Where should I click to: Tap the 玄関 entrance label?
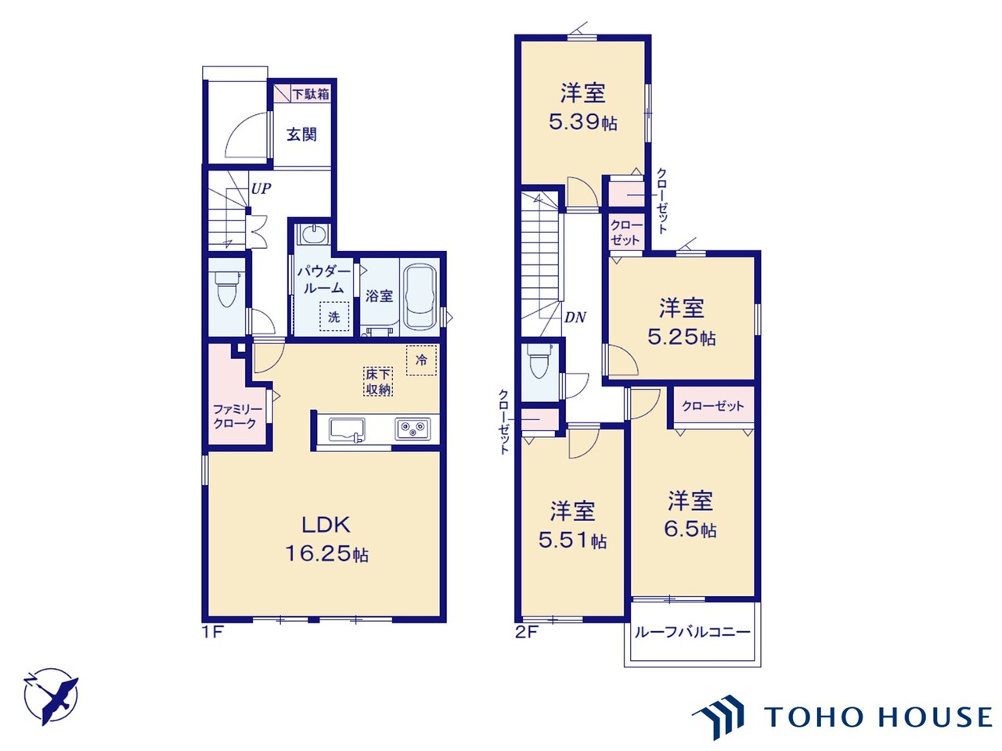click(x=301, y=135)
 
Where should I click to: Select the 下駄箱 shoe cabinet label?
click(x=311, y=94)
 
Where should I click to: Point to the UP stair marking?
click(x=261, y=189)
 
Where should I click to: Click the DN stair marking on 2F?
click(x=575, y=318)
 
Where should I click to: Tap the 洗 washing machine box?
click(x=334, y=317)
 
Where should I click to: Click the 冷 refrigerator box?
click(x=421, y=360)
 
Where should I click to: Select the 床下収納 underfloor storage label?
click(x=378, y=382)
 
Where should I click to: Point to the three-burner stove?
click(x=412, y=429)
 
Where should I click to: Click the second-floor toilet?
click(x=539, y=361)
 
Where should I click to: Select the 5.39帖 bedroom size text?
click(x=582, y=122)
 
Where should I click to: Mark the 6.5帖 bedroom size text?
click(x=690, y=530)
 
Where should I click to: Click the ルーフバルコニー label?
click(x=692, y=632)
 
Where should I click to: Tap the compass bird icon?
click(x=52, y=695)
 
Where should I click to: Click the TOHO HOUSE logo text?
click(x=877, y=717)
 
